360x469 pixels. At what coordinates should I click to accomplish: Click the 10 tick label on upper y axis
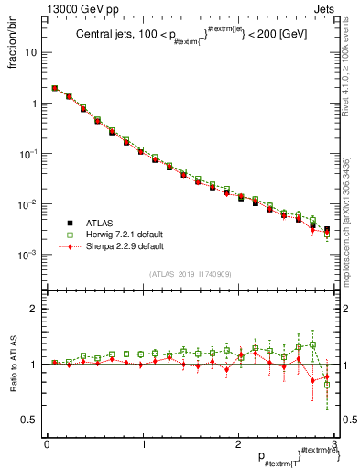[x=31, y=52]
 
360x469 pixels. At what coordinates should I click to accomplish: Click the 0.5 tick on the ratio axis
[x=29, y=420]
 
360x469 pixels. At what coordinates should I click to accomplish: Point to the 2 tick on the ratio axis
[x=34, y=309]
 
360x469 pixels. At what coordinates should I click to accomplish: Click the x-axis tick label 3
[x=335, y=444]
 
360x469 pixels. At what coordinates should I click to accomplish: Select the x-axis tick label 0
[x=47, y=444]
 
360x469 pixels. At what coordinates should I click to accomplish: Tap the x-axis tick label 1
[x=143, y=444]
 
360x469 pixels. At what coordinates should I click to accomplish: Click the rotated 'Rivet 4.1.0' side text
[x=352, y=69]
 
